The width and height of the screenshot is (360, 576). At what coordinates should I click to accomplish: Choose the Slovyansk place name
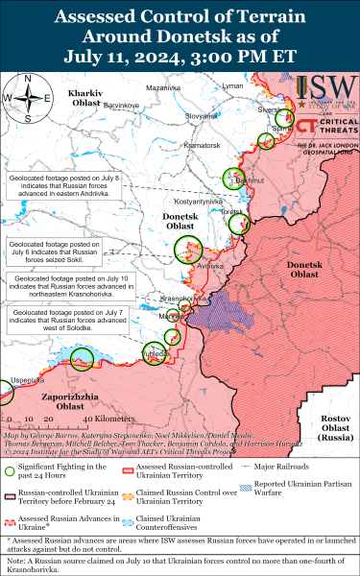(202, 116)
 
